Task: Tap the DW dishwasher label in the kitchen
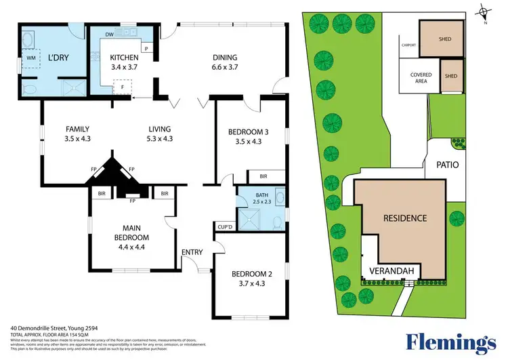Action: [x=109, y=34]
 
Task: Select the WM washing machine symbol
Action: [x=31, y=59]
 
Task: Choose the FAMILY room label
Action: [x=77, y=129]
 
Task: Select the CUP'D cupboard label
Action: [x=225, y=226]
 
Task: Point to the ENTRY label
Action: [x=192, y=253]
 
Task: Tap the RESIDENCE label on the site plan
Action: [x=405, y=218]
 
